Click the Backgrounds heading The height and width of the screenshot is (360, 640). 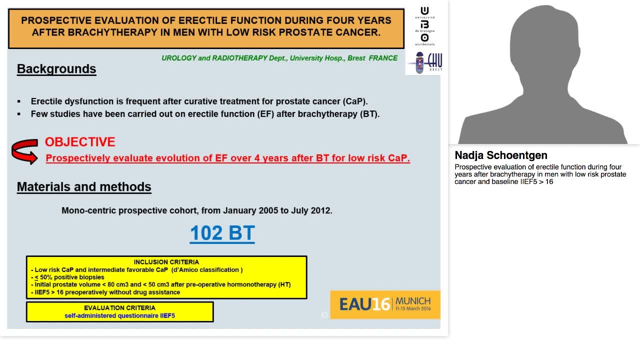pos(56,69)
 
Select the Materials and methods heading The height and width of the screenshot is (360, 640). pos(84,187)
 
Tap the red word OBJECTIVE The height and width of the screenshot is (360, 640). pos(80,142)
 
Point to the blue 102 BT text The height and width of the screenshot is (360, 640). pos(222,233)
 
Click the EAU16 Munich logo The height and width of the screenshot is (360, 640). pos(385,304)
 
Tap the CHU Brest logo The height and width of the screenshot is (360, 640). pos(425,63)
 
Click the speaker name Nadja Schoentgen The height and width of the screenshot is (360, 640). pos(501,155)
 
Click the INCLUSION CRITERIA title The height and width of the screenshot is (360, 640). pos(166,262)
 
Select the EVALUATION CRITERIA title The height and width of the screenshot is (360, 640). pos(119,308)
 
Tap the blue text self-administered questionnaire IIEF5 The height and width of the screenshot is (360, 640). pos(119,315)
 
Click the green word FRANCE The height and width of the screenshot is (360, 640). pos(383,58)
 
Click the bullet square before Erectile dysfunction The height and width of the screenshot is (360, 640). pos(19,101)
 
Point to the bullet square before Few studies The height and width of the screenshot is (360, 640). pos(19,114)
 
